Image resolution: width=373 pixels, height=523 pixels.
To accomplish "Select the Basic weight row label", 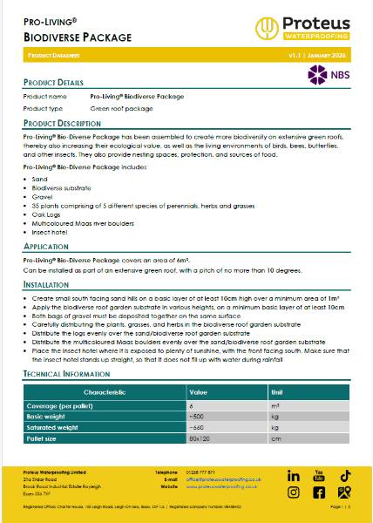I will tap(54, 416).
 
